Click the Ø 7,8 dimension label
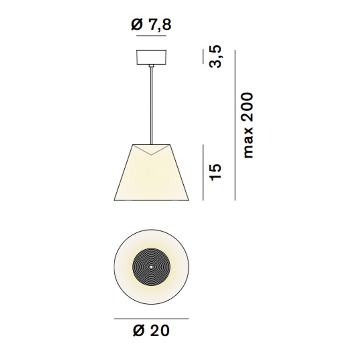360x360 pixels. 151,25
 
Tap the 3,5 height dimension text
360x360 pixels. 216,57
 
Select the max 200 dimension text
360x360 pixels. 248,125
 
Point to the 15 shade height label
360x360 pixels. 216,172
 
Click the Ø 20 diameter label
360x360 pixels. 151,331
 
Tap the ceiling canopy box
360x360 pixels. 151,57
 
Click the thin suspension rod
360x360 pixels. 151,106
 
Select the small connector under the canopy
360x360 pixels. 151,66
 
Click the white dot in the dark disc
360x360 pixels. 151,267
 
